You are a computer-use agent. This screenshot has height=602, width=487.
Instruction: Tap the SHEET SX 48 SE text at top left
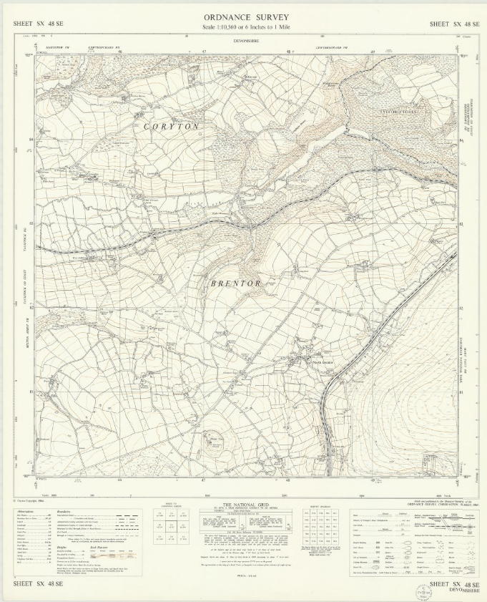37,24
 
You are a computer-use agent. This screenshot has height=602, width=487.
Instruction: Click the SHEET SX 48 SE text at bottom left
37,586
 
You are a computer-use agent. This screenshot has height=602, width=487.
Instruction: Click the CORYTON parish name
171,126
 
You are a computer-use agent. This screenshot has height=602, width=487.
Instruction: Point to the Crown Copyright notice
29,500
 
